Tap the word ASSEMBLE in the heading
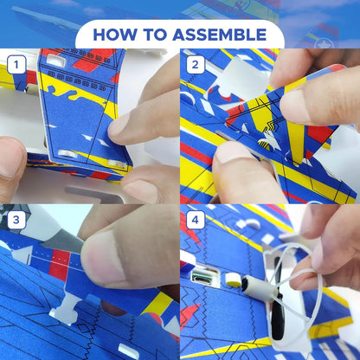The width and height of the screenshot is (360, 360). point(219,35)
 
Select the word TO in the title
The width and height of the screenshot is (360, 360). point(154,35)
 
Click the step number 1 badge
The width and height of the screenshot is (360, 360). point(16,64)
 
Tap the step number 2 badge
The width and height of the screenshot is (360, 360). point(196,64)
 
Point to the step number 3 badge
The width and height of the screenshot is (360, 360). point(16,220)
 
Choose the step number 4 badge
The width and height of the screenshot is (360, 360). point(196,220)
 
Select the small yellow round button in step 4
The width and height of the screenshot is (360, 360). point(234,280)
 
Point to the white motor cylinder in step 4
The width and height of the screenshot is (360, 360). point(258,286)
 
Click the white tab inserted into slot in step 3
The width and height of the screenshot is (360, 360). point(66,309)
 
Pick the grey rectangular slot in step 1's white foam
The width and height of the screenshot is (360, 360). point(93,194)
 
